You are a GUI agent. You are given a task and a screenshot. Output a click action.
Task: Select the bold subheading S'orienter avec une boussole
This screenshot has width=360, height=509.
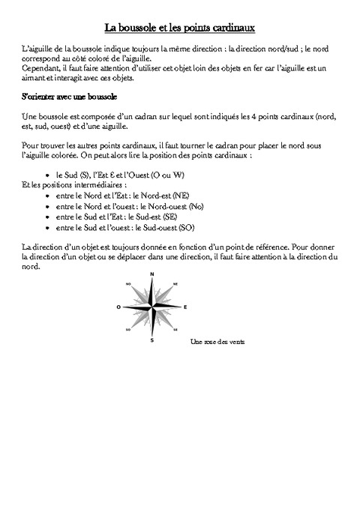pos(68,97)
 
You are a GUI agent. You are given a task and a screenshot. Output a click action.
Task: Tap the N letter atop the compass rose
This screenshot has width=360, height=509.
pos(152,275)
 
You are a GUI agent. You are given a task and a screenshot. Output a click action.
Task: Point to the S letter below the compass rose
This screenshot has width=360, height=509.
pos(152,340)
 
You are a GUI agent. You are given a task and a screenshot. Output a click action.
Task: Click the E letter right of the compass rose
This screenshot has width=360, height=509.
pos(185,307)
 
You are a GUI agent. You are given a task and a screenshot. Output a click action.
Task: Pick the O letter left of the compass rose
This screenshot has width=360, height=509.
pos(118,307)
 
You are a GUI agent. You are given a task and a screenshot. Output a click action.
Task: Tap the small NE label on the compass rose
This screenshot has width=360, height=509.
pos(175,284)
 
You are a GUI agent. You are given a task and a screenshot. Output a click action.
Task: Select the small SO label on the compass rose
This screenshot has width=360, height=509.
pos(129,330)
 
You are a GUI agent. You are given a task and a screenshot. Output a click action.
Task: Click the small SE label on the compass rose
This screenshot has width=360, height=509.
pos(175,330)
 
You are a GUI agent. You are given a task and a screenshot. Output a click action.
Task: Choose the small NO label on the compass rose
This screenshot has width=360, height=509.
pos(129,284)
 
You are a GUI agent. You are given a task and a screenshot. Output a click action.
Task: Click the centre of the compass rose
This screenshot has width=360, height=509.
pos(152,307)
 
